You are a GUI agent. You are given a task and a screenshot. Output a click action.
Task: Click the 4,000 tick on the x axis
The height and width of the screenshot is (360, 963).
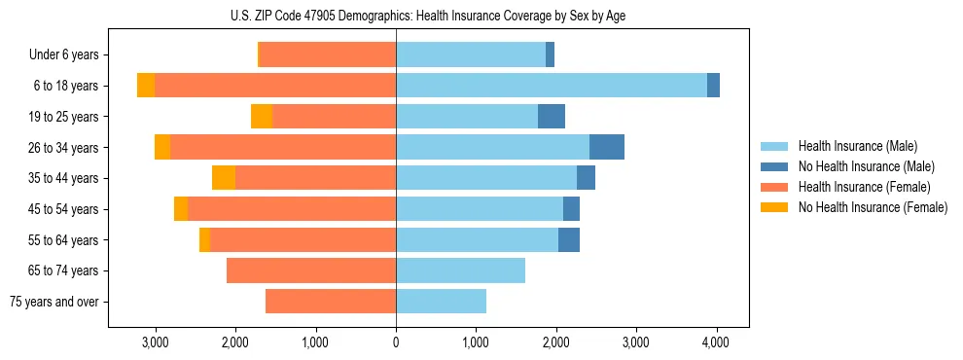click(x=716, y=342)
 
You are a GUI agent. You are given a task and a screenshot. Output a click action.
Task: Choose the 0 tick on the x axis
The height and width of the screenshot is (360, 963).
click(x=396, y=342)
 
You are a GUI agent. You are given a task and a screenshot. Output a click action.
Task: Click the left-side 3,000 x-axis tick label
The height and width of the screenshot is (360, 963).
click(x=156, y=342)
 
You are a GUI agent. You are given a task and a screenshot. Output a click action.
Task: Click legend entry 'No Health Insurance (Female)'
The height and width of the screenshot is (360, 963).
click(x=873, y=207)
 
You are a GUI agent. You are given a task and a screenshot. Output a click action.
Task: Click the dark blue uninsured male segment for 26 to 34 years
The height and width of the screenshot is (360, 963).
click(x=607, y=147)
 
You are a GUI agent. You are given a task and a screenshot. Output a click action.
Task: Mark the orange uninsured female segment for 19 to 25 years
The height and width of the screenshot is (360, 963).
click(x=262, y=117)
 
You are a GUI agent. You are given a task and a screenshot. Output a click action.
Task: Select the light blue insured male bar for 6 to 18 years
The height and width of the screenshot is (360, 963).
click(x=551, y=86)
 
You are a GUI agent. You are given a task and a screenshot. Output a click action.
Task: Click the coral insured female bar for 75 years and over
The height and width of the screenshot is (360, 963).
click(x=331, y=302)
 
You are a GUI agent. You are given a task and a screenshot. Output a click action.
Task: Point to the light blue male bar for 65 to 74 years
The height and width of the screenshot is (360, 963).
click(x=460, y=270)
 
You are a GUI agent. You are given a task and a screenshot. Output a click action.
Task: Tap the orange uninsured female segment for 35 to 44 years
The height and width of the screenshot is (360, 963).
click(x=224, y=178)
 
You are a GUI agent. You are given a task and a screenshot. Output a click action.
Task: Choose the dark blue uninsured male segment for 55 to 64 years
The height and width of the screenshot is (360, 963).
click(x=569, y=239)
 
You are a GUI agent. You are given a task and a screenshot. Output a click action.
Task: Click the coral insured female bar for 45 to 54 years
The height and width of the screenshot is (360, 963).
click(x=292, y=209)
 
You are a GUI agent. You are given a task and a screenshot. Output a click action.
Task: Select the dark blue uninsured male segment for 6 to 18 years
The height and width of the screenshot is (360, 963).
click(x=713, y=86)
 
